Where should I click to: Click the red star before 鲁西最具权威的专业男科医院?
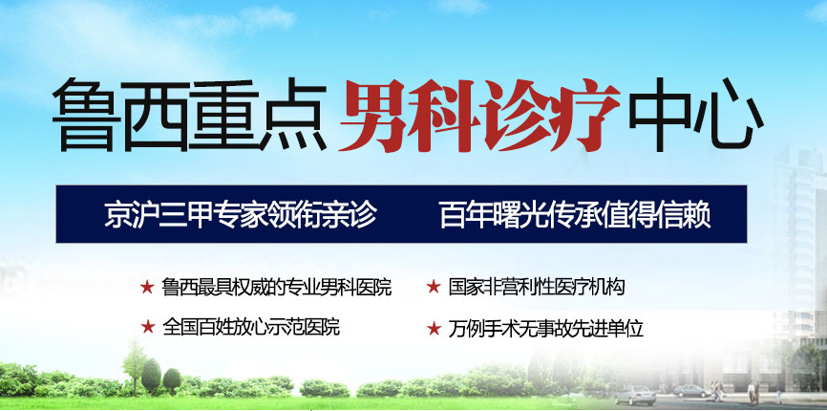click(x=147, y=288)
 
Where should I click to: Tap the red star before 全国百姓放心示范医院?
click(x=148, y=327)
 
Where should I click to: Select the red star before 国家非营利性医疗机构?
click(x=434, y=288)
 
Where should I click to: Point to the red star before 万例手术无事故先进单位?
click(x=434, y=328)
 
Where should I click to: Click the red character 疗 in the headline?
click(x=585, y=116)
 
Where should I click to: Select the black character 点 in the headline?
click(x=293, y=115)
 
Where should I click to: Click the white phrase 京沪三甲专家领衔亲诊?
click(x=240, y=214)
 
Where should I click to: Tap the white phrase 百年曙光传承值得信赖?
click(x=575, y=214)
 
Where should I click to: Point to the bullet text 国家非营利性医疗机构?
click(x=537, y=288)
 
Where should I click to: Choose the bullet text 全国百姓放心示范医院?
click(x=251, y=327)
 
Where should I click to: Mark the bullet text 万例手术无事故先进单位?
click(x=546, y=328)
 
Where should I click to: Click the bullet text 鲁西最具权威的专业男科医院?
click(x=277, y=288)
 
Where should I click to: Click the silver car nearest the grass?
click(x=636, y=395)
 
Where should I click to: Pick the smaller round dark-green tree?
click(x=172, y=379)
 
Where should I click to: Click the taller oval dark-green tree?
click(x=152, y=376)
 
